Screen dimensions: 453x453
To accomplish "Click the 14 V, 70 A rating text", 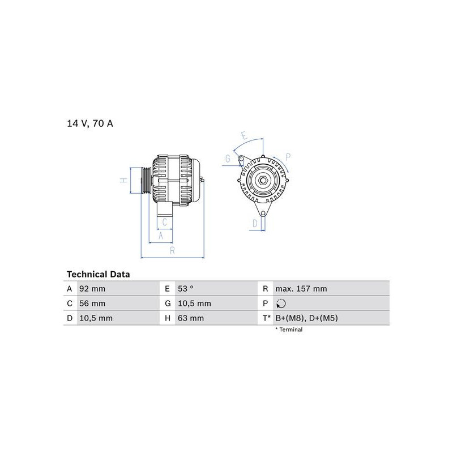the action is pyautogui.click(x=90, y=123).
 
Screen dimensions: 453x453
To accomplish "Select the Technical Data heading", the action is pyautogui.click(x=98, y=274).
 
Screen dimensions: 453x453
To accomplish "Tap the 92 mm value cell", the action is pyautogui.click(x=92, y=289).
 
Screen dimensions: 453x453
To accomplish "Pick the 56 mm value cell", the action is pyautogui.click(x=92, y=304).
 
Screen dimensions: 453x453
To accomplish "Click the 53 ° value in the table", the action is pyautogui.click(x=186, y=289).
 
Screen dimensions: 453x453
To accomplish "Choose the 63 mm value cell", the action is pyautogui.click(x=191, y=318).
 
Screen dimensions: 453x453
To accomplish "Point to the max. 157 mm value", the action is pyautogui.click(x=301, y=289).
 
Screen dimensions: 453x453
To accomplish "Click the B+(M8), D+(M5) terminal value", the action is pyautogui.click(x=306, y=318).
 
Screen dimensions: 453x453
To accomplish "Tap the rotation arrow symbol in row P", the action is pyautogui.click(x=281, y=304).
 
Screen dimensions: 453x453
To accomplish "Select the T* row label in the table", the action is pyautogui.click(x=266, y=318).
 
